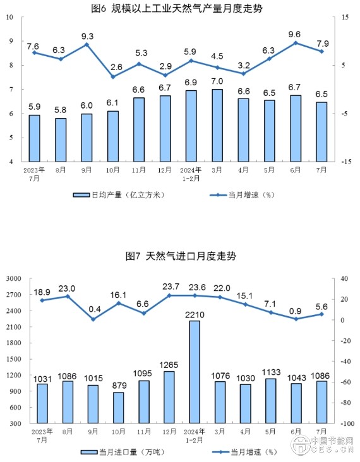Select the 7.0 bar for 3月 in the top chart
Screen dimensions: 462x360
tap(217, 125)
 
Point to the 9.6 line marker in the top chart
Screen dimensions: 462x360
tap(295, 43)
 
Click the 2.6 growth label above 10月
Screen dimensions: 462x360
tap(116, 67)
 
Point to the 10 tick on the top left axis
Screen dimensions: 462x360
tap(10, 17)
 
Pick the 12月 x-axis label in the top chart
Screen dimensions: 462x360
tap(165, 170)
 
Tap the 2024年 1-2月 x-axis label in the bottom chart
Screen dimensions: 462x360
tap(193, 435)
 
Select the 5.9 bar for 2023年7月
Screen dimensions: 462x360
tap(35, 138)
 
